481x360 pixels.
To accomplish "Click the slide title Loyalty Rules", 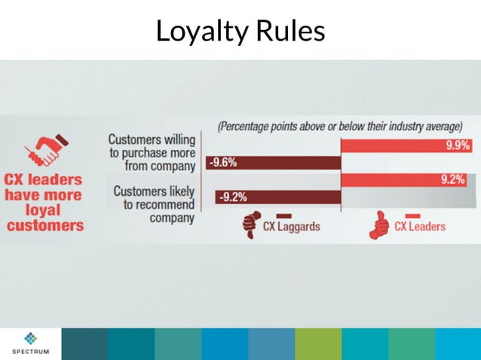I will click(240, 31).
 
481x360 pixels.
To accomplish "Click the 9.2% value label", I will click(452, 181).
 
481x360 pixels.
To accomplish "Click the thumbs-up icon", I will click(378, 224).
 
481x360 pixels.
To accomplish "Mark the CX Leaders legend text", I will click(420, 227).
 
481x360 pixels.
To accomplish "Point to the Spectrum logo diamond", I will click(29, 338).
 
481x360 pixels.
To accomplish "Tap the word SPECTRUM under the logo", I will click(29, 352).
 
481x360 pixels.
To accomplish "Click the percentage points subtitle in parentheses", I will click(339, 127).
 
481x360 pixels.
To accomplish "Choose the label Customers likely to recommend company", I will click(154, 204).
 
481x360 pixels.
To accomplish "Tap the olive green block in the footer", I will click(317, 343).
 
